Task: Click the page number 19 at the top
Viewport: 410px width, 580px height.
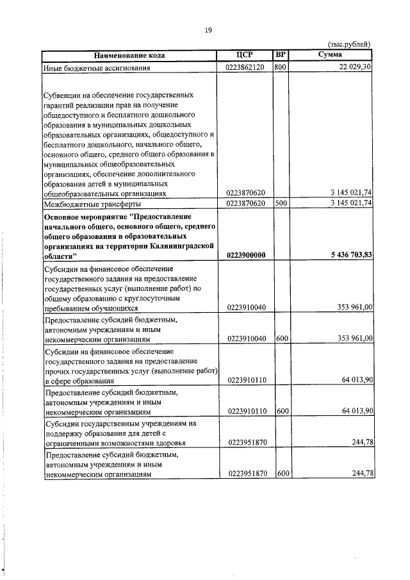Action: (x=208, y=29)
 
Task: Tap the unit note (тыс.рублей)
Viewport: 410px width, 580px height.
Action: (x=349, y=44)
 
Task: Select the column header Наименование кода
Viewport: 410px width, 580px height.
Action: (x=130, y=55)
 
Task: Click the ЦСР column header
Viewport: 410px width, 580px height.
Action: (x=245, y=55)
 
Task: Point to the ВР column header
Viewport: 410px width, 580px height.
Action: (x=280, y=55)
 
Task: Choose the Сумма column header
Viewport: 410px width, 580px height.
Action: (x=331, y=55)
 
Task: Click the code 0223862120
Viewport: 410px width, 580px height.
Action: (x=245, y=67)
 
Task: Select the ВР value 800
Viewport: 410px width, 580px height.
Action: (x=280, y=67)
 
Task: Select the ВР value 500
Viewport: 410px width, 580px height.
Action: (x=280, y=203)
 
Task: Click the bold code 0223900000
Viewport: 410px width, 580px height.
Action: (x=246, y=254)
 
